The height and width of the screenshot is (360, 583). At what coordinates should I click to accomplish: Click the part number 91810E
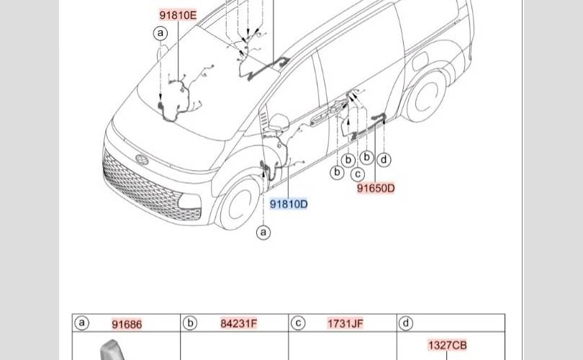[178, 15]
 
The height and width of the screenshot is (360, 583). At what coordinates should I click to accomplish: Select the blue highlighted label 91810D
[289, 204]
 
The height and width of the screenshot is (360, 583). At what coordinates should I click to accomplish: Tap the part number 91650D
[376, 188]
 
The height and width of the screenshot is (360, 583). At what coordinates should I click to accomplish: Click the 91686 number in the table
[127, 324]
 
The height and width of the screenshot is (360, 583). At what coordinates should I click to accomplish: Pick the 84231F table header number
[238, 323]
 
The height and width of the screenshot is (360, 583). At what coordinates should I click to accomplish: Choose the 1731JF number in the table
[345, 323]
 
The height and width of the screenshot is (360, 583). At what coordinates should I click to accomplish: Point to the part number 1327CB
[447, 345]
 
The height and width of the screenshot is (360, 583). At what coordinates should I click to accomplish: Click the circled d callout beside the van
[384, 160]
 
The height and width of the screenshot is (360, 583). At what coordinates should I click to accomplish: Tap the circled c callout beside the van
[357, 174]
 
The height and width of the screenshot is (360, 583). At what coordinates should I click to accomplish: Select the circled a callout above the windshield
[161, 33]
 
